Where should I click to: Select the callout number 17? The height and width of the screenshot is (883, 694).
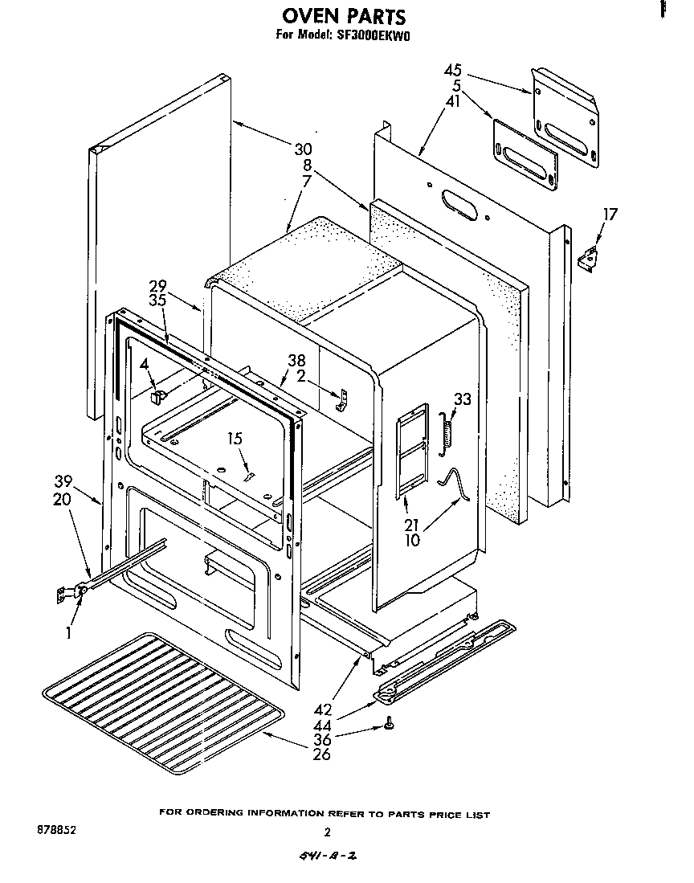(610, 215)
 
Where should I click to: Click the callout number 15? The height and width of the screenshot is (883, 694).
(234, 439)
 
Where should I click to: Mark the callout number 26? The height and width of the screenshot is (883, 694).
(321, 754)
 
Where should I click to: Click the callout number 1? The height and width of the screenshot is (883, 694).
(70, 633)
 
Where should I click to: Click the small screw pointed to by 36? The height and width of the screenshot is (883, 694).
(388, 724)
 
